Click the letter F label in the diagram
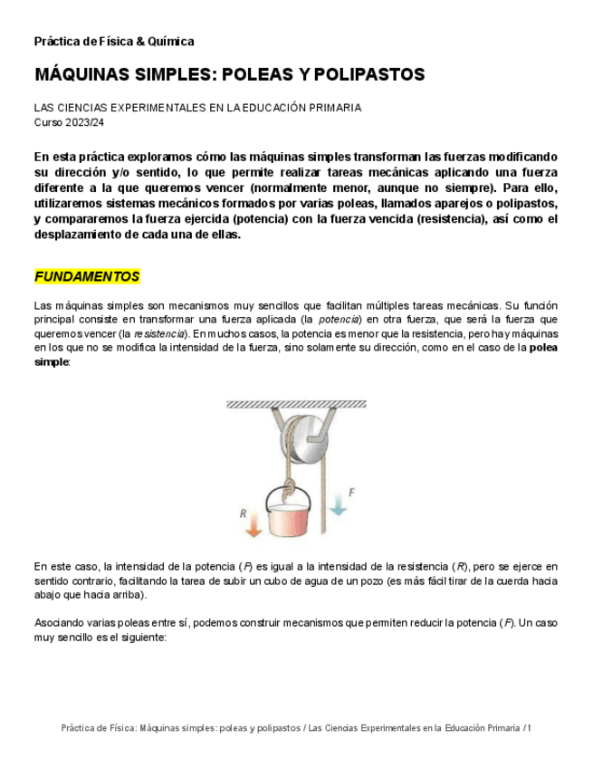tap(351, 492)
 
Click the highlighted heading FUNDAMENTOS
tap(87, 276)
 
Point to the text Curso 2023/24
tap(70, 121)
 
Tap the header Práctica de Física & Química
tap(114, 42)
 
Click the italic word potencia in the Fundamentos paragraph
tap(340, 320)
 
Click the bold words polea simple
tap(543, 347)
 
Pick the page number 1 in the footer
tap(529, 728)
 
